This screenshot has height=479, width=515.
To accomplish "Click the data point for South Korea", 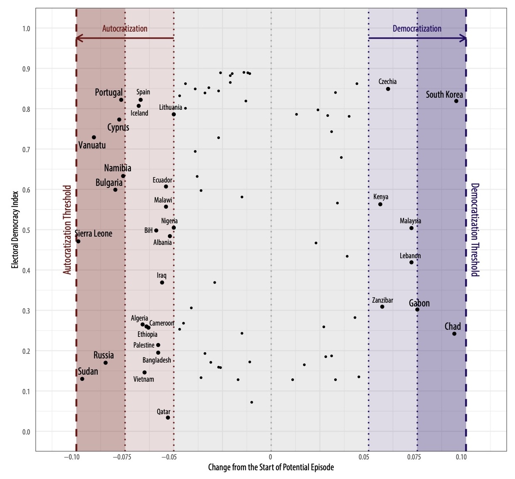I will pos(456,101).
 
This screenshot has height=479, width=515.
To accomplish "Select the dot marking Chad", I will pos(454,334).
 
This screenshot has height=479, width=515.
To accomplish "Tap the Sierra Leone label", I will pos(94,234).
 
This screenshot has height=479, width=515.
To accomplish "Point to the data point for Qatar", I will pos(168,417).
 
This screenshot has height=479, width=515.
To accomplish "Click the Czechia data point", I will pos(388,89).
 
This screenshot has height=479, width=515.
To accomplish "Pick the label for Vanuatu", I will pos(92,146).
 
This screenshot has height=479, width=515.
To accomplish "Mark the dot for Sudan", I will pos(82,379).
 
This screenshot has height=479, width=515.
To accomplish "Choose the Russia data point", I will pos(106,363).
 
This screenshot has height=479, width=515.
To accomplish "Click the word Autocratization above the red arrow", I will pos(125,29).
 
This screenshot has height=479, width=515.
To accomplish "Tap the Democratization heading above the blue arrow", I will pos(417,29).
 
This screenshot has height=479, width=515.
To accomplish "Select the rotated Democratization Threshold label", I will pos(475,230).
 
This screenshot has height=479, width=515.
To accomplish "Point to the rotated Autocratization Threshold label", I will pos(67,230).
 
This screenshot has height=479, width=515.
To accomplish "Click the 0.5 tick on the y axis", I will pos(26,230).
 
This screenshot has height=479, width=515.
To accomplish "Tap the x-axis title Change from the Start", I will pos(271,467).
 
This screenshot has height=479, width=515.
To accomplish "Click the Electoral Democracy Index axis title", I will pos(15,230).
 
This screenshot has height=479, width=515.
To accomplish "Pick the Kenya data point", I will pos(380,204).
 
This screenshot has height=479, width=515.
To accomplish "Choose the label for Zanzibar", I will pos(382,300).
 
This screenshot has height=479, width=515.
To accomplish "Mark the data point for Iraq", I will pos(162,283).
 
